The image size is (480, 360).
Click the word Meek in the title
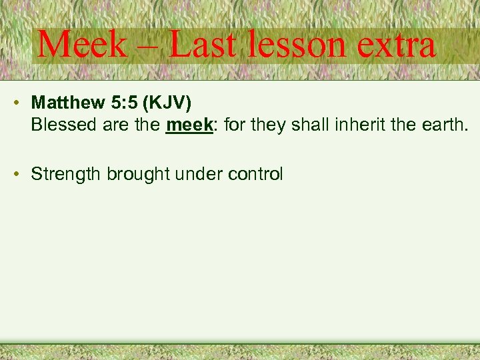point(81,45)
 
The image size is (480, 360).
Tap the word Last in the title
point(201,45)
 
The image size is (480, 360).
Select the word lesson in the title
point(297,45)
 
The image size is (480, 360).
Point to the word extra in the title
point(397,45)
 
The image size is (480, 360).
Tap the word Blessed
point(63,124)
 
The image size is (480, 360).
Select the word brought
point(139,175)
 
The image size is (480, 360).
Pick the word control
point(255,175)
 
